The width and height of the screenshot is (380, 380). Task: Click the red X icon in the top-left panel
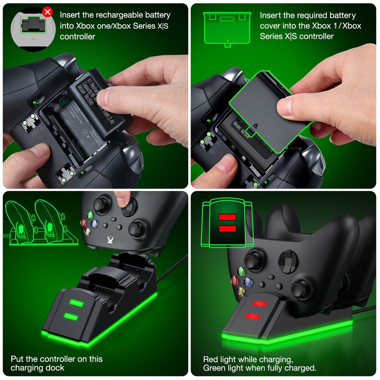coord(47,12)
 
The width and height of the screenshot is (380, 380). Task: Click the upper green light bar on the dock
coord(77,303)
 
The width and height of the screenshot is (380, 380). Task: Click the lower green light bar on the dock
coord(71,316)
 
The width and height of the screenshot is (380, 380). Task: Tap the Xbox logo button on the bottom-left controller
coord(111,239)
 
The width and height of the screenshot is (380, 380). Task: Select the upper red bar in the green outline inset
coord(227,217)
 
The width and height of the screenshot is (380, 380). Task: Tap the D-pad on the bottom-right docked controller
coord(288,262)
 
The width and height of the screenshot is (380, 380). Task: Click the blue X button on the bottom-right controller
coord(248,282)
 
